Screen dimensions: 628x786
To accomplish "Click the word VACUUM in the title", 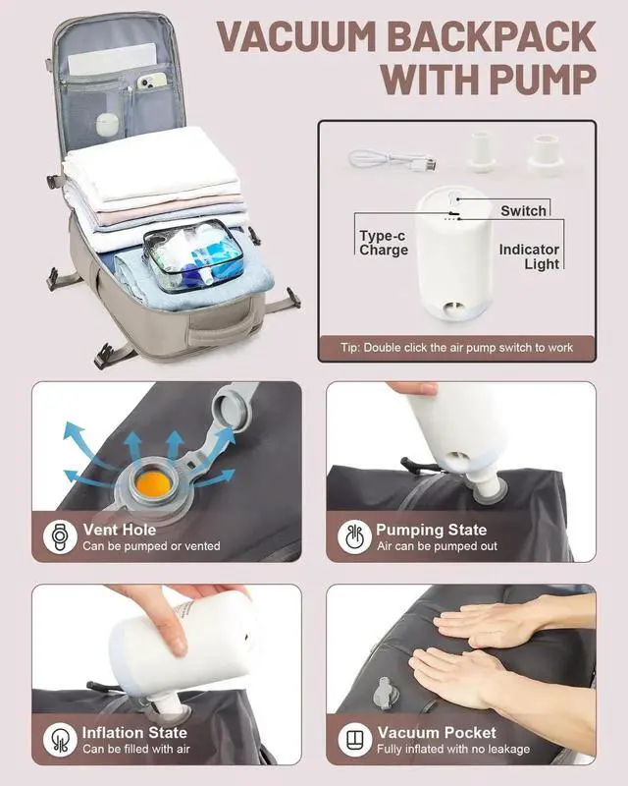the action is (x=297, y=36).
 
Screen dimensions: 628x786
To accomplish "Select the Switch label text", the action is (x=523, y=210).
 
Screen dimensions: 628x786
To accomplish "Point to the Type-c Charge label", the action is (x=384, y=243).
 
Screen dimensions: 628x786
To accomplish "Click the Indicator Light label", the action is (x=529, y=256).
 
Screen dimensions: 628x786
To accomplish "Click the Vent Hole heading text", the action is (x=120, y=530).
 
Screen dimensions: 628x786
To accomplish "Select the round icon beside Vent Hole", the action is (x=60, y=536).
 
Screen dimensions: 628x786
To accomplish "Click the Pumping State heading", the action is (x=431, y=530).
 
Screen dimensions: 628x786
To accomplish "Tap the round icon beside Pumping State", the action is (x=353, y=536).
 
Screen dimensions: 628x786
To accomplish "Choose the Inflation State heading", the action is (x=134, y=732).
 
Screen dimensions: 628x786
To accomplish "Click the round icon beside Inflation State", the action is (x=60, y=740).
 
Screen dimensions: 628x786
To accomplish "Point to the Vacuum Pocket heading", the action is (x=437, y=732).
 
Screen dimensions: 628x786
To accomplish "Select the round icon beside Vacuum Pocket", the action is (x=353, y=740).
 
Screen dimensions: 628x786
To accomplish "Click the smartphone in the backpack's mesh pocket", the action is (x=151, y=81).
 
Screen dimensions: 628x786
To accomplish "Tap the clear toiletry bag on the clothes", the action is (x=193, y=255).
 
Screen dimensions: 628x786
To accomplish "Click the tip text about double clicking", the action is (x=456, y=348).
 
